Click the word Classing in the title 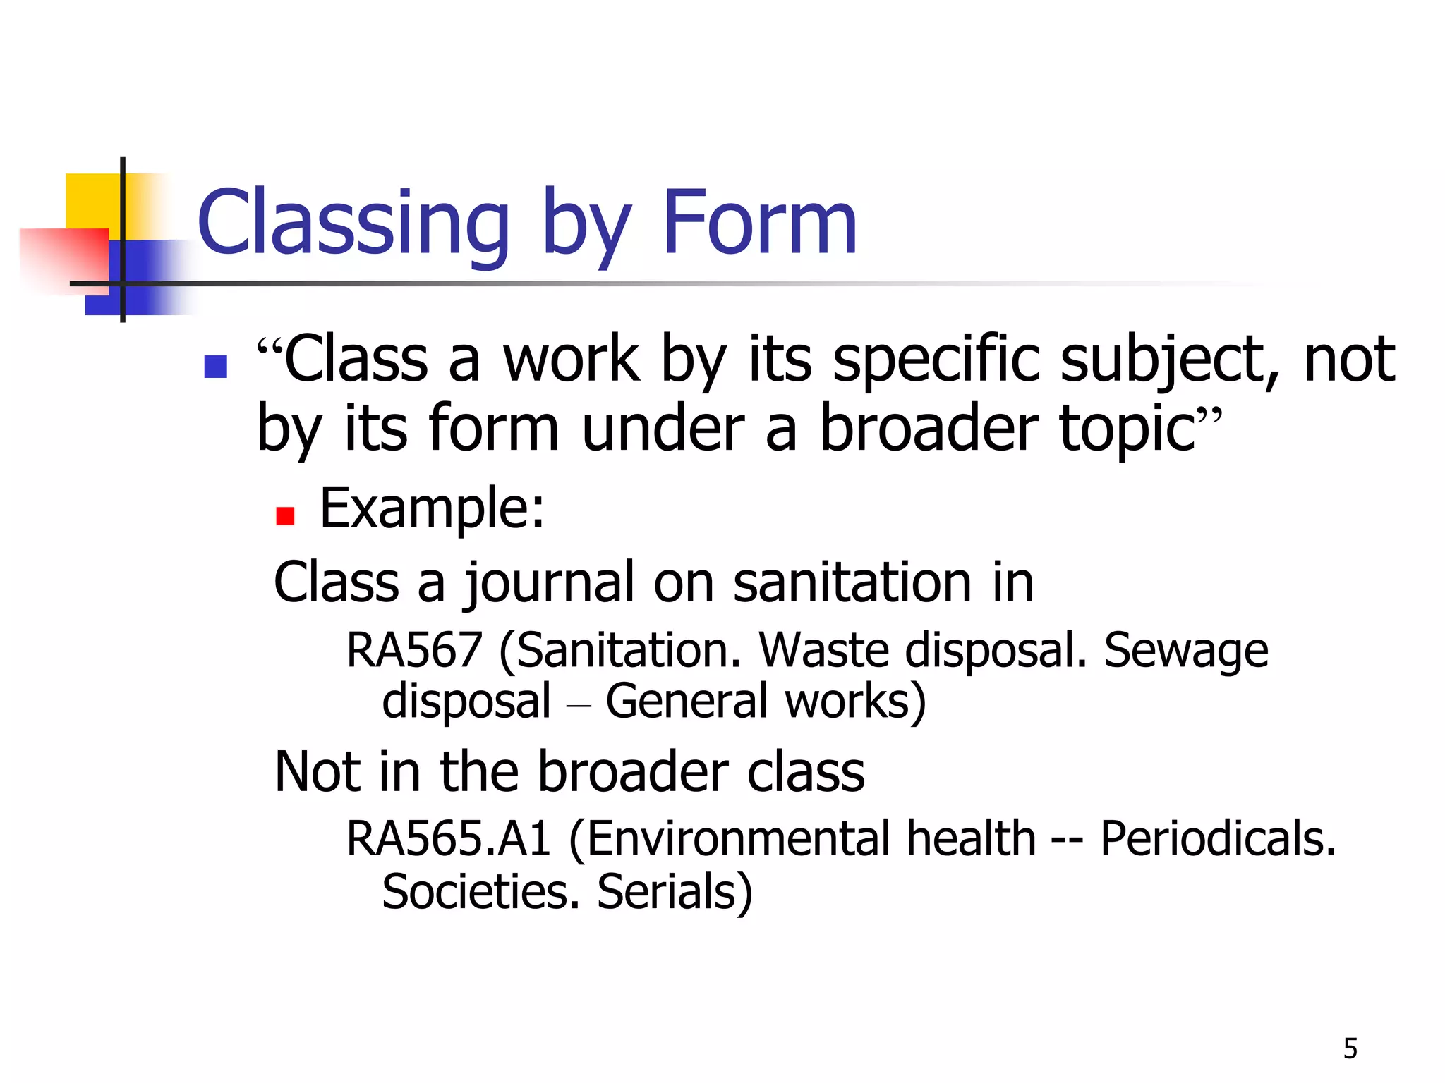coord(353,224)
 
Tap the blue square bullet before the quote coord(215,367)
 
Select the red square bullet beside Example coord(285,516)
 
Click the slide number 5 coord(1350,1049)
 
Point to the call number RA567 coord(414,650)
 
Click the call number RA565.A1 coord(449,839)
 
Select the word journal coord(549,584)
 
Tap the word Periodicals coord(1218,839)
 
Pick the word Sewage coord(1185,650)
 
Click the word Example coord(432,508)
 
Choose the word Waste coord(823,650)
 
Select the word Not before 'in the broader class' coord(318,772)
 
